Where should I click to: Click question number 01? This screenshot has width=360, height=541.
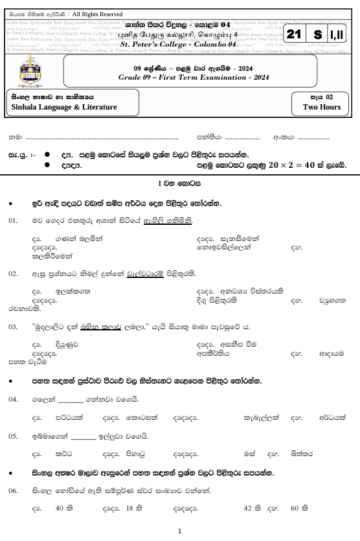(13, 221)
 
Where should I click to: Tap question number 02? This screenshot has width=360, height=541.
(13, 274)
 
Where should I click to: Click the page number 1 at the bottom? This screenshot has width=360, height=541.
(179, 532)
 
